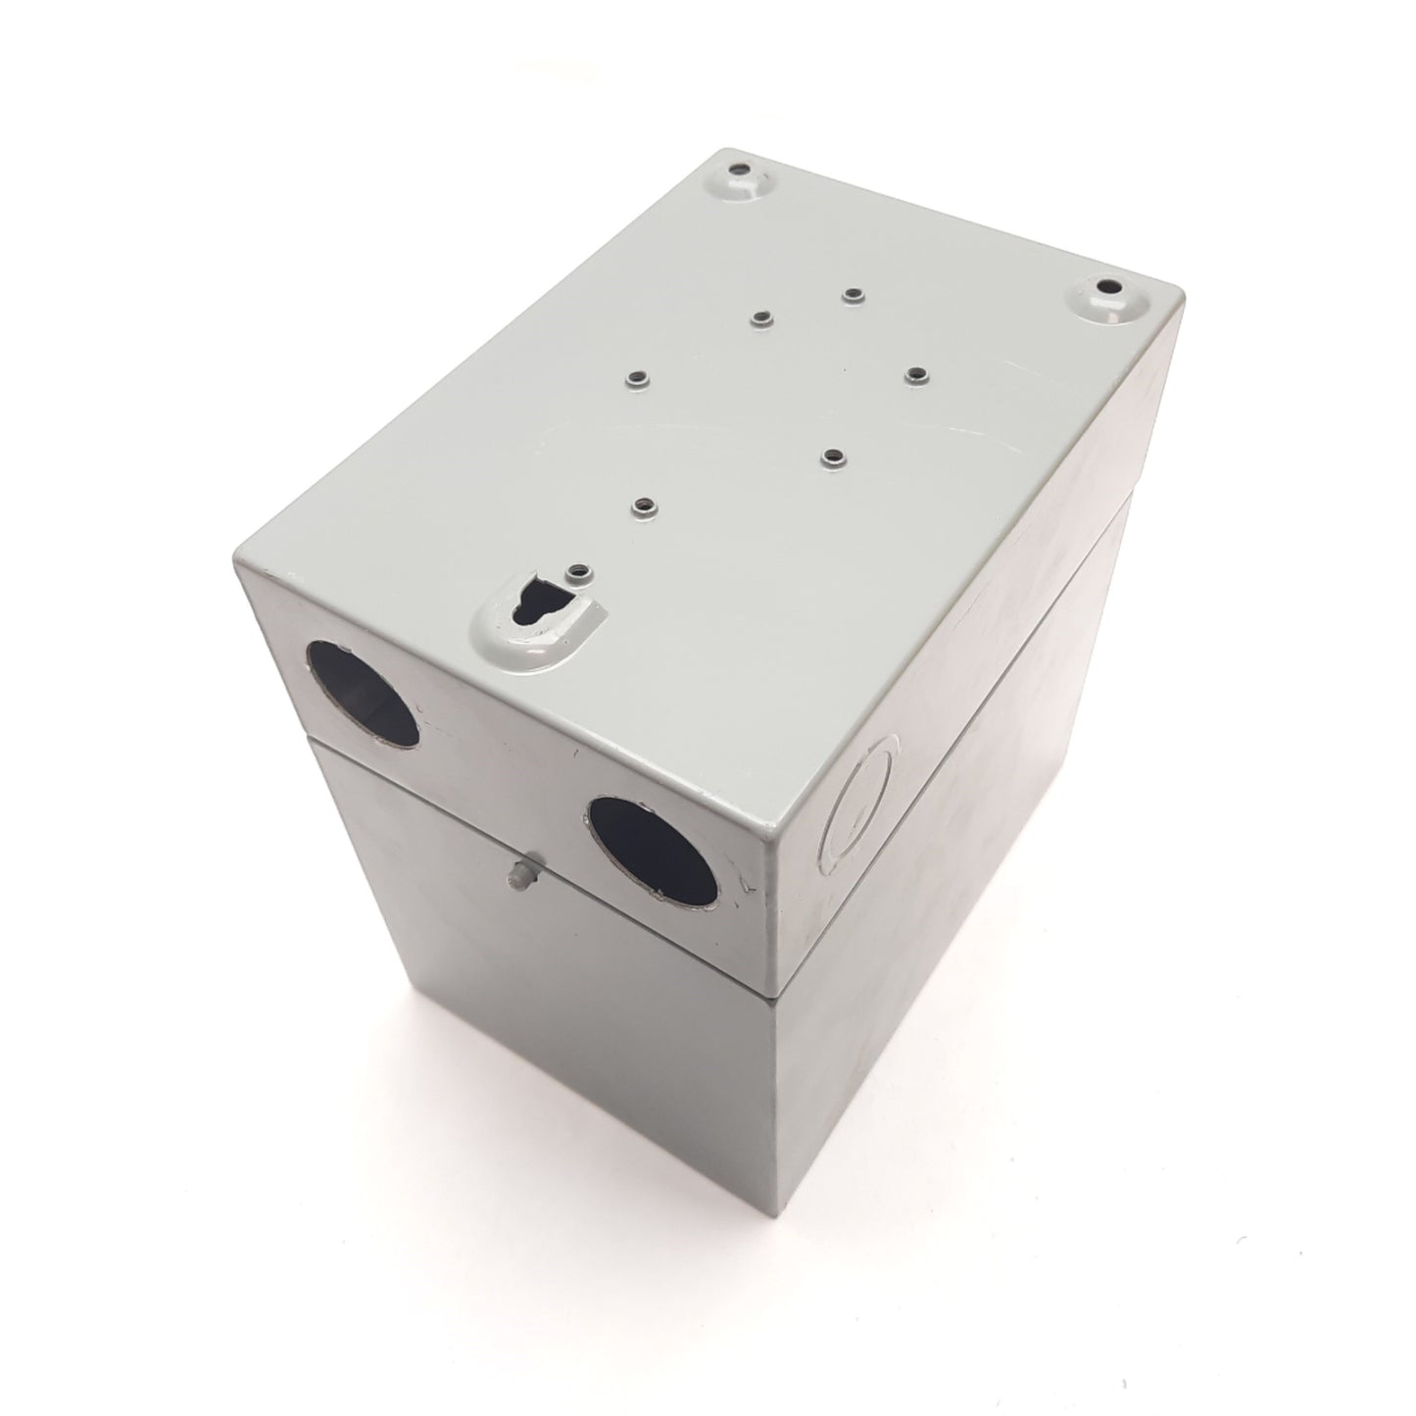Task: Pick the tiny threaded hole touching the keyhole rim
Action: (x=579, y=568)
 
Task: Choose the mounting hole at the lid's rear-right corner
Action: (x=1109, y=290)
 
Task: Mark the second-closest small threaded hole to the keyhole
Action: (x=643, y=507)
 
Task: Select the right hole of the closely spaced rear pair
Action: (x=853, y=293)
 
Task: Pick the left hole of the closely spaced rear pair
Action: (x=760, y=316)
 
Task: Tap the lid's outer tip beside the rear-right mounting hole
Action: (x=1184, y=293)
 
